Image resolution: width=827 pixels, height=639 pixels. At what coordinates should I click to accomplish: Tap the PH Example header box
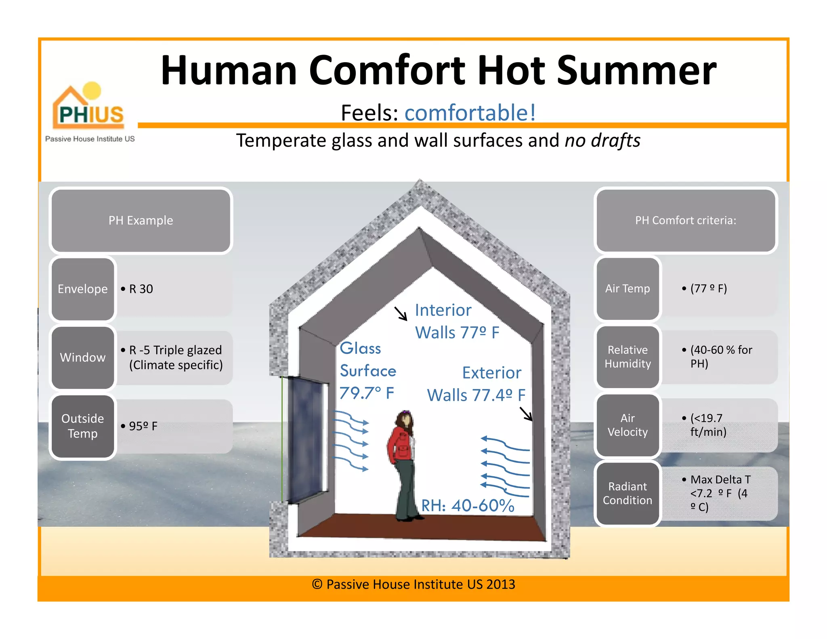(x=141, y=221)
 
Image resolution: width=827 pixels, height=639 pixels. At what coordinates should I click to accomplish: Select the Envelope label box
(x=83, y=289)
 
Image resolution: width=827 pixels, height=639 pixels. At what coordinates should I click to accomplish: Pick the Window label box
(x=83, y=357)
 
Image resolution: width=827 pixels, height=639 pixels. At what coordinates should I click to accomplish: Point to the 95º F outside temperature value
(x=143, y=426)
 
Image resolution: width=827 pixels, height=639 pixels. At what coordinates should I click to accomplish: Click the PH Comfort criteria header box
(x=686, y=221)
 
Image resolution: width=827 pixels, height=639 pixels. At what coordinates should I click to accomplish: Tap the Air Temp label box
(x=628, y=288)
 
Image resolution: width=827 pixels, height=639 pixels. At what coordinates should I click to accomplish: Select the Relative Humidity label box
(x=628, y=357)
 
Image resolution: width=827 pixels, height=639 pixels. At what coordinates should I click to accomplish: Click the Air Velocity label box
(x=628, y=425)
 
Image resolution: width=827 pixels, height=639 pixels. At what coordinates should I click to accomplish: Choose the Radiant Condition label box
(x=628, y=493)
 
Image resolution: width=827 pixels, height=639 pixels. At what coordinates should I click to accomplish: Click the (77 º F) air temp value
(x=708, y=288)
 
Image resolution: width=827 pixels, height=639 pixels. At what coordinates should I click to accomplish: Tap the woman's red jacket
(x=401, y=444)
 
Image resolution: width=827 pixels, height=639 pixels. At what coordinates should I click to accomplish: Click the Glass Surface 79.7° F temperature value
(x=367, y=393)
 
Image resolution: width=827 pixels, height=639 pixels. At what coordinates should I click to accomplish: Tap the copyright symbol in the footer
(x=317, y=584)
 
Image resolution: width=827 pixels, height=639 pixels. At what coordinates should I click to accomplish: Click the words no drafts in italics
(x=602, y=141)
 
